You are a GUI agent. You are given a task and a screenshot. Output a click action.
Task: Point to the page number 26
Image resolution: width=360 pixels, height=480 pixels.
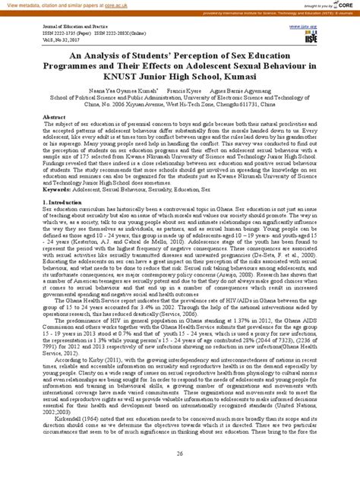(180, 454)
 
